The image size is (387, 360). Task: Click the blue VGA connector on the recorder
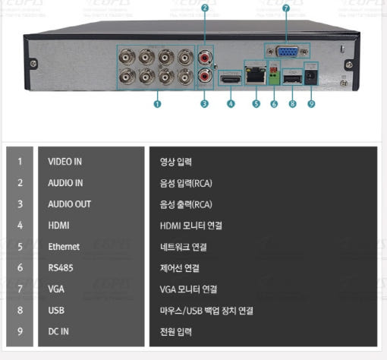(x=288, y=52)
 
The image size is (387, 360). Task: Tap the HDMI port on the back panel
(x=230, y=79)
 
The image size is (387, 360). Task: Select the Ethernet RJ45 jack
(x=256, y=74)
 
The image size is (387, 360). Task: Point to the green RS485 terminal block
(x=275, y=77)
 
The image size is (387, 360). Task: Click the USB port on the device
(x=292, y=79)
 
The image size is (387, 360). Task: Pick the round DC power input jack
(x=311, y=77)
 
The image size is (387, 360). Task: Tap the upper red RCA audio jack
(x=205, y=58)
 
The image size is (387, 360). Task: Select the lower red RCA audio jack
(x=205, y=76)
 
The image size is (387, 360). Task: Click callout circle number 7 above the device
(x=285, y=8)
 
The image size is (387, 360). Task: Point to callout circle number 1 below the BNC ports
(x=157, y=104)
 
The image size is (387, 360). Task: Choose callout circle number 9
(x=311, y=103)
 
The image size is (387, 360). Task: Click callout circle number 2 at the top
(x=205, y=8)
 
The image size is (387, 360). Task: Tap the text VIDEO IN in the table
(x=65, y=162)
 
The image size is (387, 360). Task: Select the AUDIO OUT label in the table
(x=69, y=204)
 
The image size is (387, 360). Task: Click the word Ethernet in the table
(x=64, y=247)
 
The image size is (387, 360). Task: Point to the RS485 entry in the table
(x=61, y=268)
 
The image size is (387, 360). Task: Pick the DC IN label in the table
(x=58, y=331)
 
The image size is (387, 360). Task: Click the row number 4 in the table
(x=20, y=226)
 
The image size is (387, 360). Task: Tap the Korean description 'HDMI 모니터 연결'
(x=191, y=226)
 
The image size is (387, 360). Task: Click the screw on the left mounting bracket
(x=33, y=64)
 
